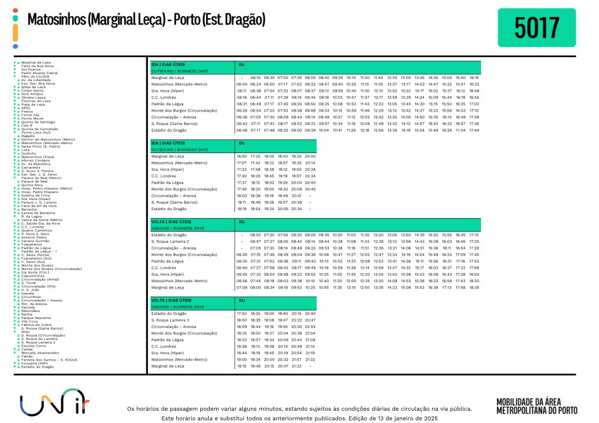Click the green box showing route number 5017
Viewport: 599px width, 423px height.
[537, 28]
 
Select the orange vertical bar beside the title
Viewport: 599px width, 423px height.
[15, 33]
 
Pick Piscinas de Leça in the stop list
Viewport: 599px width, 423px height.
[36, 101]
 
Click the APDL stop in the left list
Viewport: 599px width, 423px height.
[26, 108]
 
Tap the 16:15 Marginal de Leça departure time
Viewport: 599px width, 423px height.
[474, 78]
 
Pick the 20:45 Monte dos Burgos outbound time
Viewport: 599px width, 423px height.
[310, 189]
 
